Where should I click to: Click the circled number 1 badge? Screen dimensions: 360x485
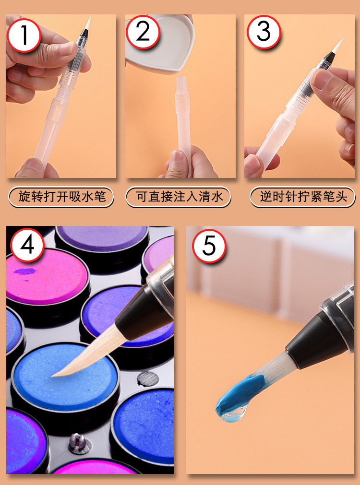(x=24, y=35)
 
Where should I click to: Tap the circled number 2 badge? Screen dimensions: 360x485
(x=143, y=32)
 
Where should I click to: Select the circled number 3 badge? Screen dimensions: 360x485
(x=264, y=32)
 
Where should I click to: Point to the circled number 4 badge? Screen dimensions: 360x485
(x=27, y=245)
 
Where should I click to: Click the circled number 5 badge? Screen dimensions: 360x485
(x=209, y=246)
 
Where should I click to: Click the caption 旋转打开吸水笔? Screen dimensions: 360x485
(x=61, y=197)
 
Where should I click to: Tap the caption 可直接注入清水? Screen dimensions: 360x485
(x=178, y=197)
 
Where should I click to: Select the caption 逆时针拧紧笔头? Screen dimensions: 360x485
(x=302, y=197)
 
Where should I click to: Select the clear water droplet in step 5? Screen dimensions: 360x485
(x=237, y=413)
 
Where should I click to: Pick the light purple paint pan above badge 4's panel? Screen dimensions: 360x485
(x=102, y=238)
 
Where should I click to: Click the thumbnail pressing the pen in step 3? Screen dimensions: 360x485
(x=322, y=80)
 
